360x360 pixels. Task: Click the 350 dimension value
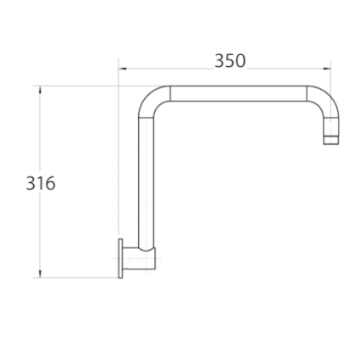230,61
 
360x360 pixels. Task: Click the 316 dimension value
41,183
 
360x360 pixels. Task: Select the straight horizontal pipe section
237,92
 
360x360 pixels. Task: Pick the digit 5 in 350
230,61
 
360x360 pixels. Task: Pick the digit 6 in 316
50,183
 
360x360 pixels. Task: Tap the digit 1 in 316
41,183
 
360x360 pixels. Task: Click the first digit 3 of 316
31,183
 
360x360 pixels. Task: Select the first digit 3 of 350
219,61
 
